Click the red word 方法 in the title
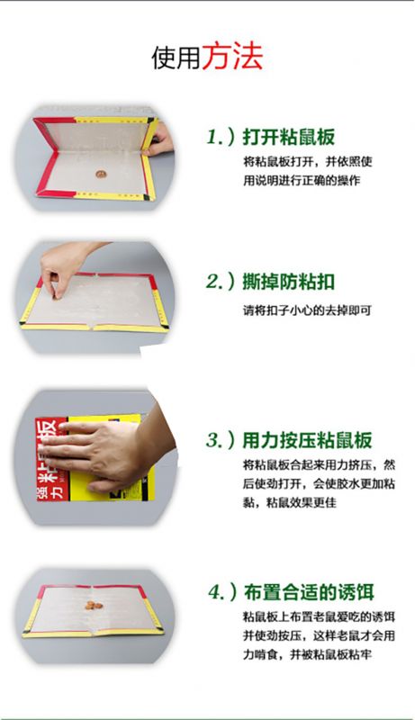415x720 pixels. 233,57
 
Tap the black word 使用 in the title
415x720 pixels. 176,58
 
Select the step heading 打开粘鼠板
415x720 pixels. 289,137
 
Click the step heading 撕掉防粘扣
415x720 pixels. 288,282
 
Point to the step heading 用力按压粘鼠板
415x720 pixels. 307,439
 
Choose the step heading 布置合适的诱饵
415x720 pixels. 309,592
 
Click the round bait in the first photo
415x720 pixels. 101,174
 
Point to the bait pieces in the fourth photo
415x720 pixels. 94,605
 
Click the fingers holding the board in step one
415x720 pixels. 160,139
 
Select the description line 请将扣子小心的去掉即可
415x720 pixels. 307,310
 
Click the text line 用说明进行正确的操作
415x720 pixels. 302,181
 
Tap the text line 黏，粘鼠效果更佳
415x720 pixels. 290,503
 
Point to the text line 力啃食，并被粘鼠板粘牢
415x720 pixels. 307,654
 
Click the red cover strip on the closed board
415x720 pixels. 51,459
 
